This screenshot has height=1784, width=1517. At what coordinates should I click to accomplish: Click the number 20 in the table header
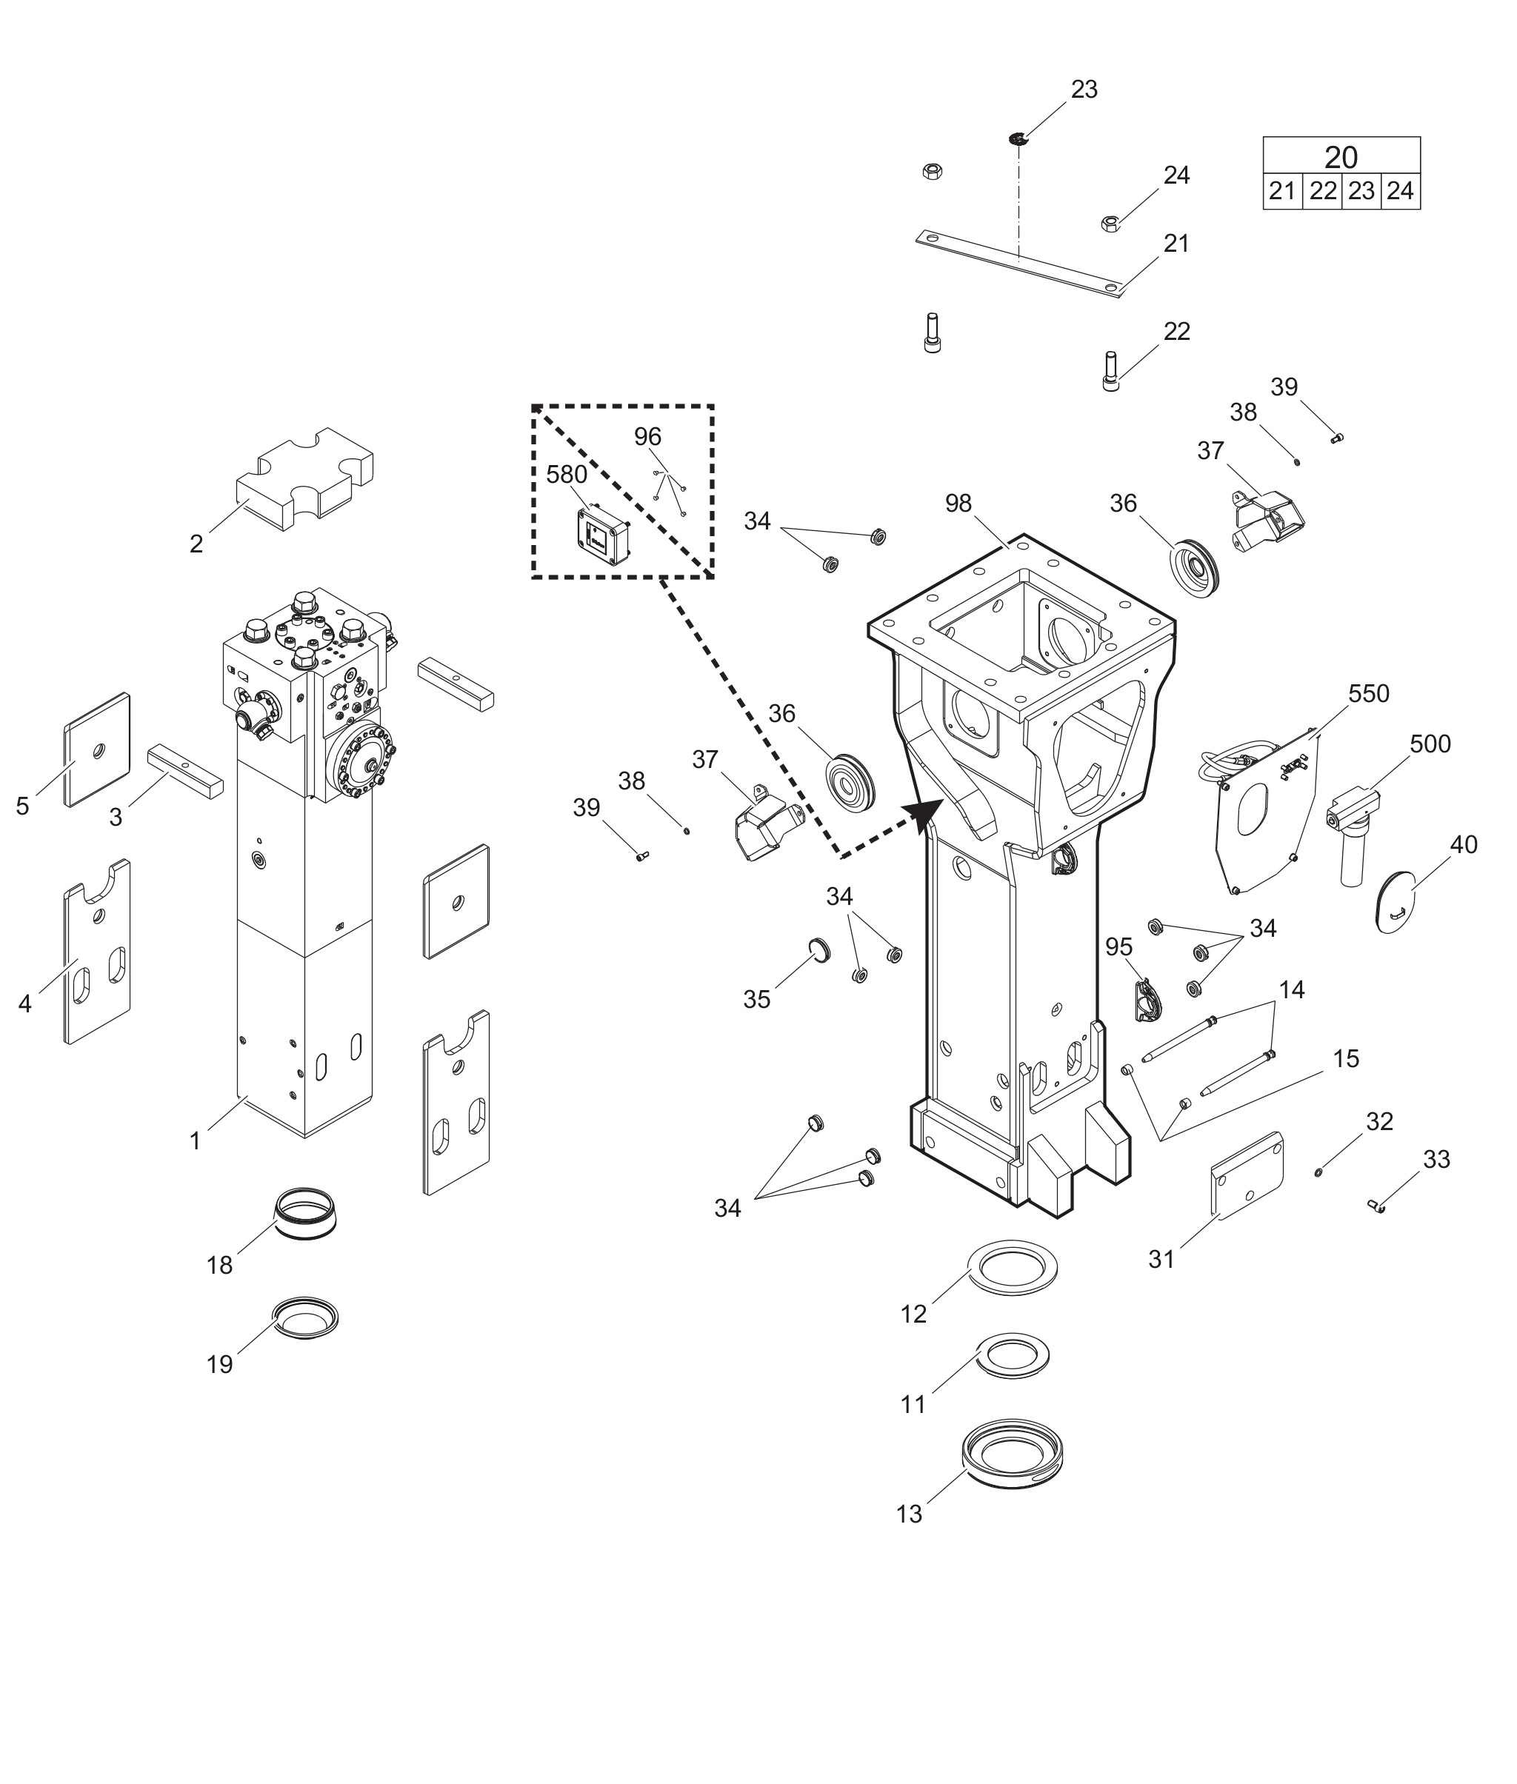(x=1341, y=157)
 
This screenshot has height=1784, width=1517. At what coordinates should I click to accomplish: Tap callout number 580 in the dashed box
(x=567, y=475)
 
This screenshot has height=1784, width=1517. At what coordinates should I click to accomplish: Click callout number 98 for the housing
(x=958, y=504)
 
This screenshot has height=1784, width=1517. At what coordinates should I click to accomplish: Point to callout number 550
(x=1368, y=693)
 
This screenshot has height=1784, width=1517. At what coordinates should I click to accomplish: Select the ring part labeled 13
(x=1012, y=1453)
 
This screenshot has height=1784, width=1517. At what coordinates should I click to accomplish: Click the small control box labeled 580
(x=603, y=535)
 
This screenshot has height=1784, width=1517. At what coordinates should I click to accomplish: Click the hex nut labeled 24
(x=1110, y=224)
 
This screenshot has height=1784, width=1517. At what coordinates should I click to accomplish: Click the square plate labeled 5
(x=97, y=749)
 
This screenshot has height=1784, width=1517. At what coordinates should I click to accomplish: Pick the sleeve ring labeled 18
(x=305, y=1212)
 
